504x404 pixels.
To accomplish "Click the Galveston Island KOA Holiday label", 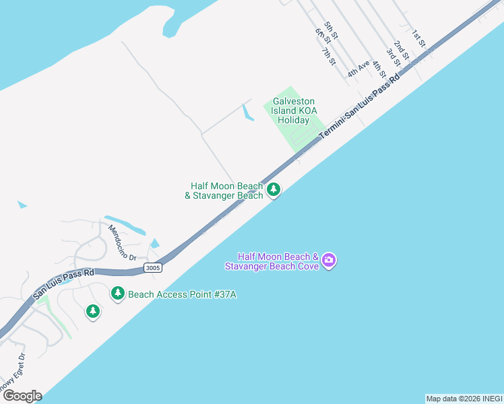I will [294, 110].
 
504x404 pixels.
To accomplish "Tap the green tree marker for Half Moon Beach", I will [273, 191].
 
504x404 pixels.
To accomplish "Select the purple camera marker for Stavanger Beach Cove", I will [328, 261].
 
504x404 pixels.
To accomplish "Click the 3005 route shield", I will [153, 268].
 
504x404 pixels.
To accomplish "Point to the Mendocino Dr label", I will [123, 242].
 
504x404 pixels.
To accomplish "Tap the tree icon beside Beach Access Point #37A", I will [118, 294].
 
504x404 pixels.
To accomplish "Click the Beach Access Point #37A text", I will [183, 294].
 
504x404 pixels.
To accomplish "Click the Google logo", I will [22, 396].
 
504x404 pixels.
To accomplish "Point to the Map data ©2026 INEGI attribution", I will [464, 399].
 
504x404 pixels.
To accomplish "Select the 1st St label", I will [418, 38].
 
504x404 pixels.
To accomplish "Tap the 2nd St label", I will [402, 49].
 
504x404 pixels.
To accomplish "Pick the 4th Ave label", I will [358, 68].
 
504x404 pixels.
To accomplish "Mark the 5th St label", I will [330, 30].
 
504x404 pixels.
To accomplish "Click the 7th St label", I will [328, 57].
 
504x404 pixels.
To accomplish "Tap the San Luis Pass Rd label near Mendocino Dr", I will [63, 283].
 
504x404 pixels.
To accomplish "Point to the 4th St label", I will [378, 69].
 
